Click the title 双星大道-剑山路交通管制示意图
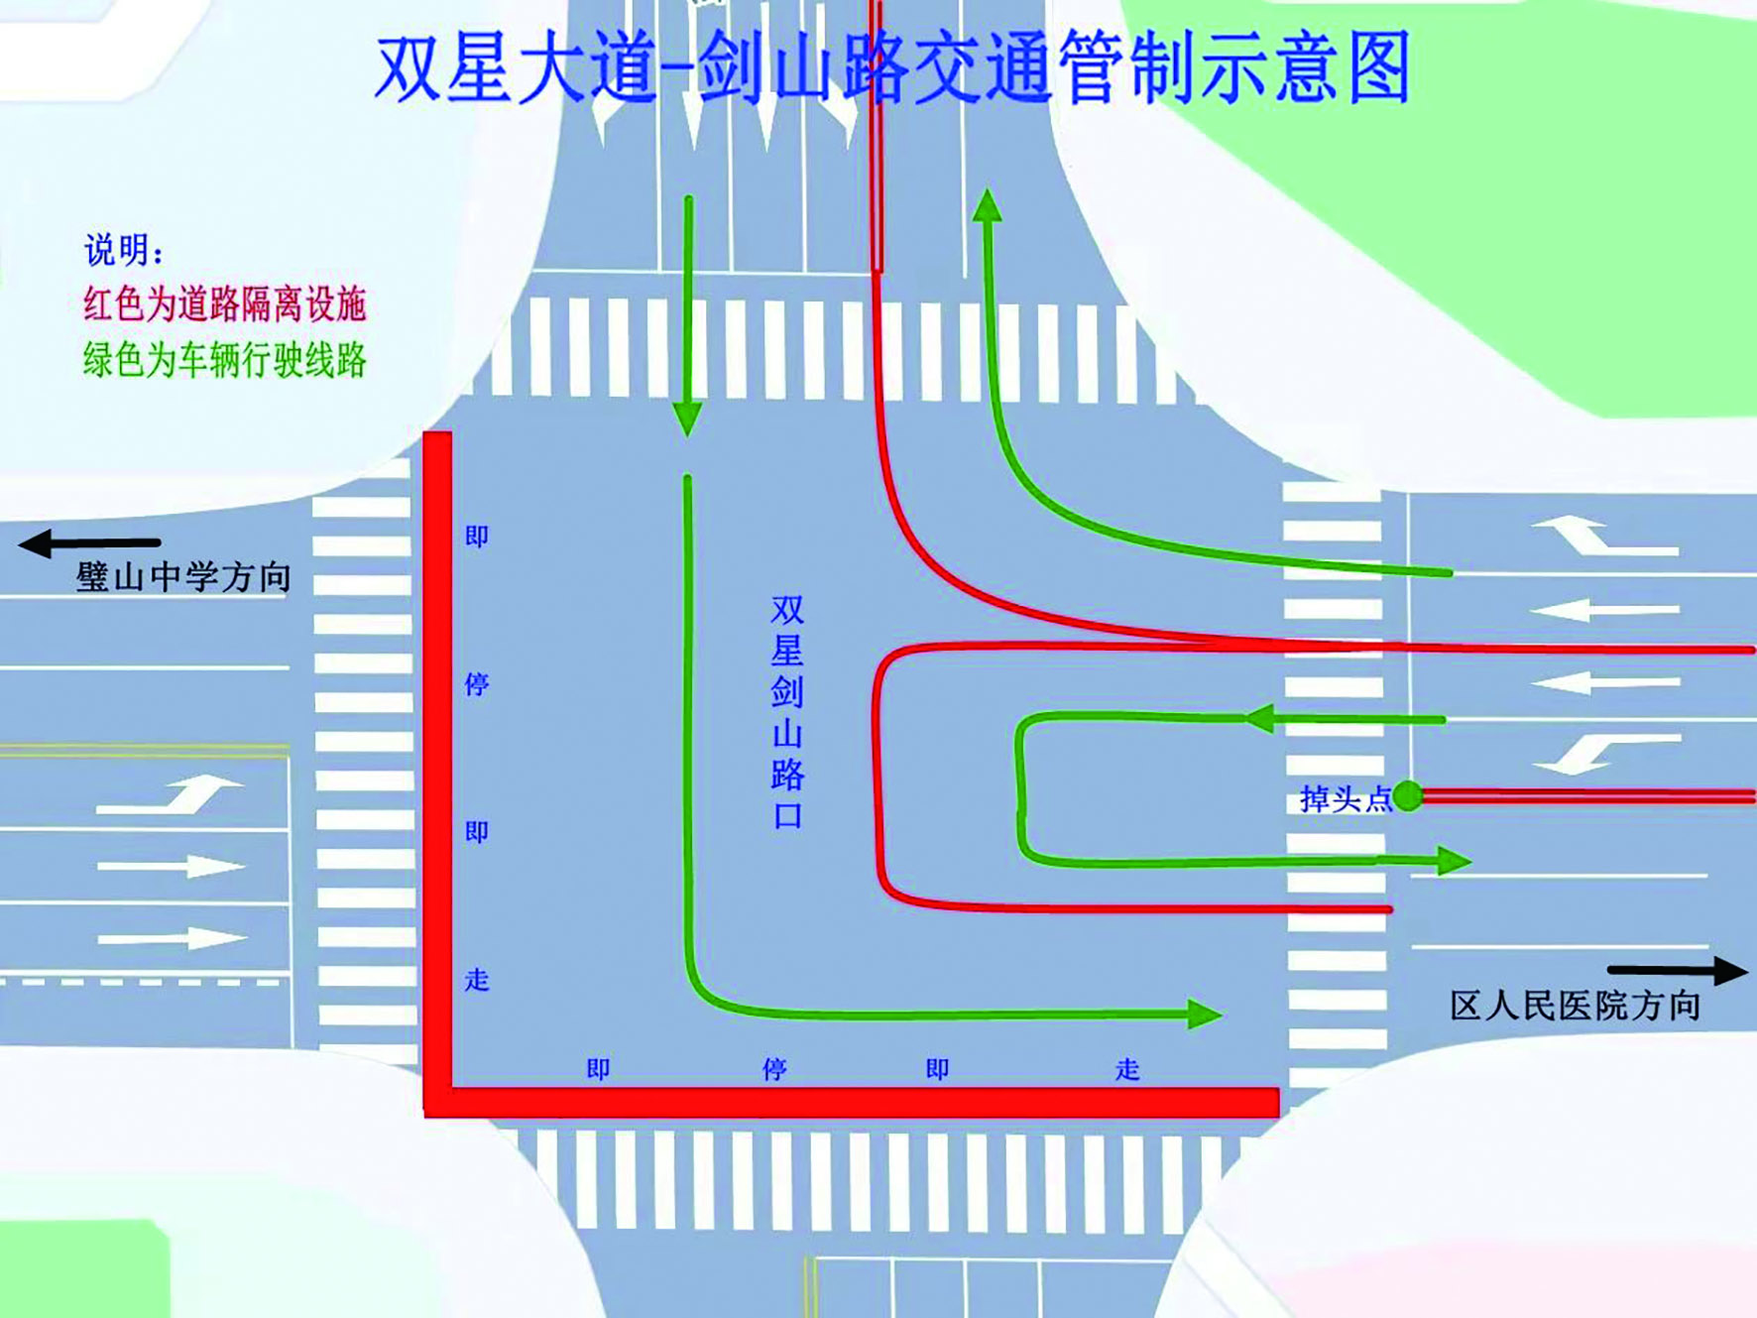point(892,67)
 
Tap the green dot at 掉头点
point(1407,795)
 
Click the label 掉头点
point(1345,798)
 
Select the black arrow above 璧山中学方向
point(89,542)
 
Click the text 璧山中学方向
point(183,576)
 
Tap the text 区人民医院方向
point(1575,1006)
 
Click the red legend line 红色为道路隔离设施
point(225,303)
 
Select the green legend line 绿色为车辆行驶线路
point(225,359)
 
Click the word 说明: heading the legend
point(123,250)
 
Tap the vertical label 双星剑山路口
point(787,711)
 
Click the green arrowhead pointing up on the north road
point(987,205)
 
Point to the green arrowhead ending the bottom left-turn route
point(1203,1014)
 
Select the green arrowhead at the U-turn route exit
point(1453,860)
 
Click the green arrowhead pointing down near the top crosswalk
point(687,419)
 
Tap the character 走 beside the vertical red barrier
point(477,980)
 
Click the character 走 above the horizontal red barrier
point(1127,1069)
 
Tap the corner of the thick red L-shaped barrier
point(438,1102)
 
